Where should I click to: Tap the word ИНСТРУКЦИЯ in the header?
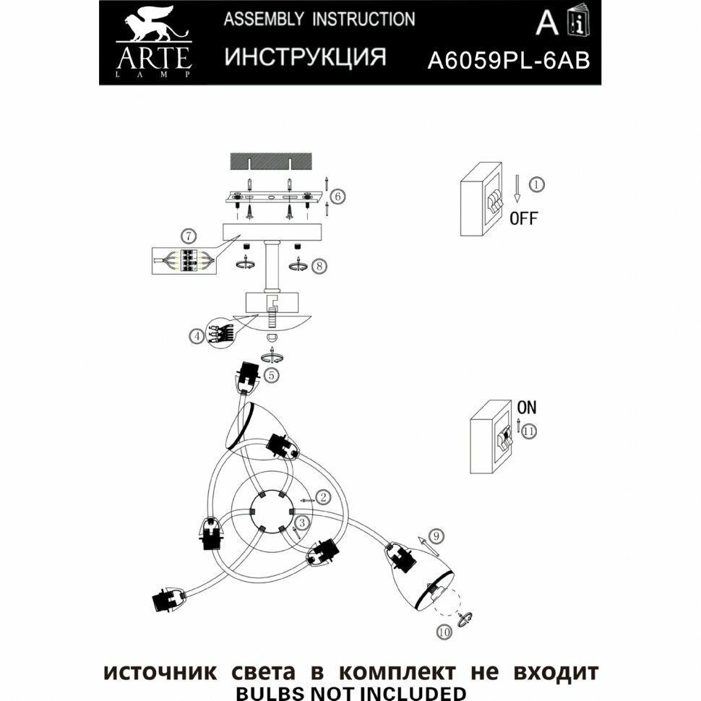coord(305,58)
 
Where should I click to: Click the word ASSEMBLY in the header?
coord(263,20)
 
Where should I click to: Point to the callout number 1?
coord(536,184)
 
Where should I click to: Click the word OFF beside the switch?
coord(523,218)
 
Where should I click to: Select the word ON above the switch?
coord(527,408)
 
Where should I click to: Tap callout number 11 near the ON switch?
coord(530,431)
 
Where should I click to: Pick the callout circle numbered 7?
coord(187,236)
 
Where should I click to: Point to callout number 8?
coord(319,266)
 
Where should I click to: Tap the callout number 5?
coord(270,375)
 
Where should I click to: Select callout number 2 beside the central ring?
coord(324,497)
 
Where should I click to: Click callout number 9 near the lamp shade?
coord(435,536)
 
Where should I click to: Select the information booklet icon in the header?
coord(577,24)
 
